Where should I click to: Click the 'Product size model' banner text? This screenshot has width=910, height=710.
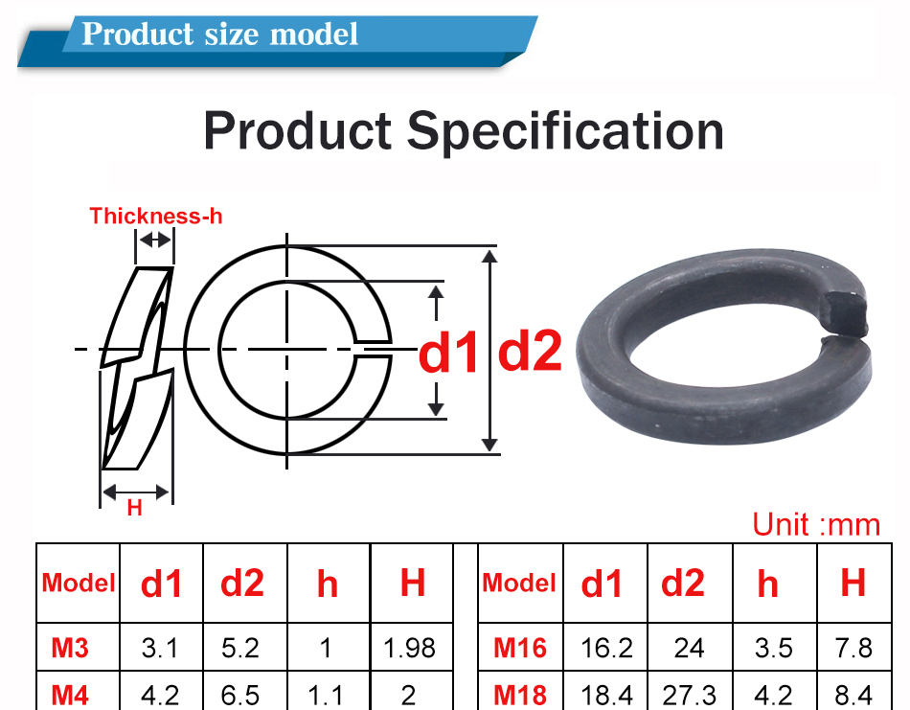point(220,34)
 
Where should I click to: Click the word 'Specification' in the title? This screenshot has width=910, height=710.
point(566,130)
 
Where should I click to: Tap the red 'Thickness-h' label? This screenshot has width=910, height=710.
point(155,216)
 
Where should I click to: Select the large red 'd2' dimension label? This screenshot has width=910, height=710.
point(530,352)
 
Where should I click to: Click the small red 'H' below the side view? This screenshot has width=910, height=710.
point(134,509)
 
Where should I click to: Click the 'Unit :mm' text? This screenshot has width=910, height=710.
point(815,524)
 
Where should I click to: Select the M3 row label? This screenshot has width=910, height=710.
point(70,649)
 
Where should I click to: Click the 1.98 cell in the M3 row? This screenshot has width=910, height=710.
point(410,649)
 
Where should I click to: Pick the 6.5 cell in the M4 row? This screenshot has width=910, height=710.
point(240,695)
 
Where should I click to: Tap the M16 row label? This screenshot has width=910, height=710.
point(520,649)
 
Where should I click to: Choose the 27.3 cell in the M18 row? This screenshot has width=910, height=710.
point(689,695)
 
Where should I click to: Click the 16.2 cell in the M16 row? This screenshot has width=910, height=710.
point(606,649)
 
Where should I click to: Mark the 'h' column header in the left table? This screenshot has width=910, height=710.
point(328,583)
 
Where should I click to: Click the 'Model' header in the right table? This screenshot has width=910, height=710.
point(519,583)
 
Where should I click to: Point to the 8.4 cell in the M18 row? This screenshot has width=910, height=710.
point(853,695)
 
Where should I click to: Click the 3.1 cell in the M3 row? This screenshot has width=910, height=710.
point(160,649)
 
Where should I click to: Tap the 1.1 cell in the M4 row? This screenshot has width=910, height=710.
point(327,695)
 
